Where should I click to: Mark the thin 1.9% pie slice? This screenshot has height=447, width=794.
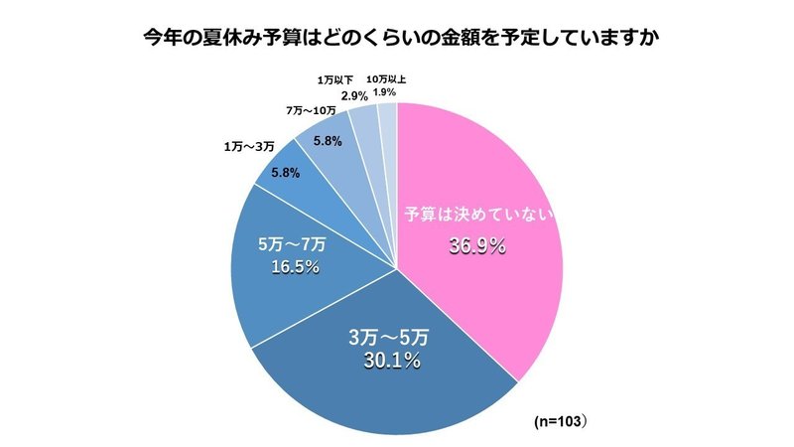388,124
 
